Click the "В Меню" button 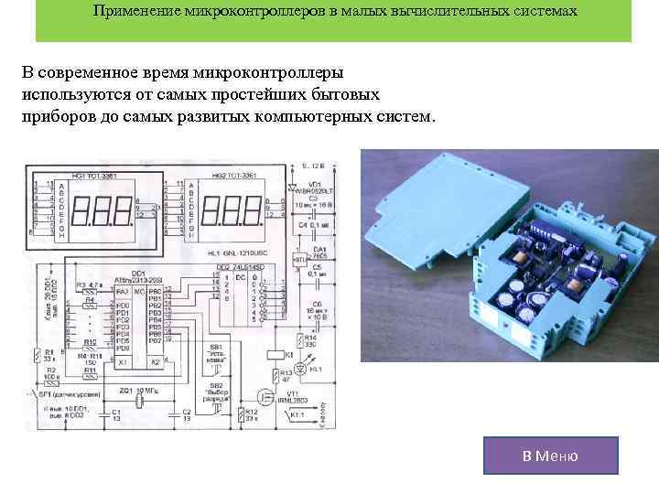[x=551, y=455]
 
